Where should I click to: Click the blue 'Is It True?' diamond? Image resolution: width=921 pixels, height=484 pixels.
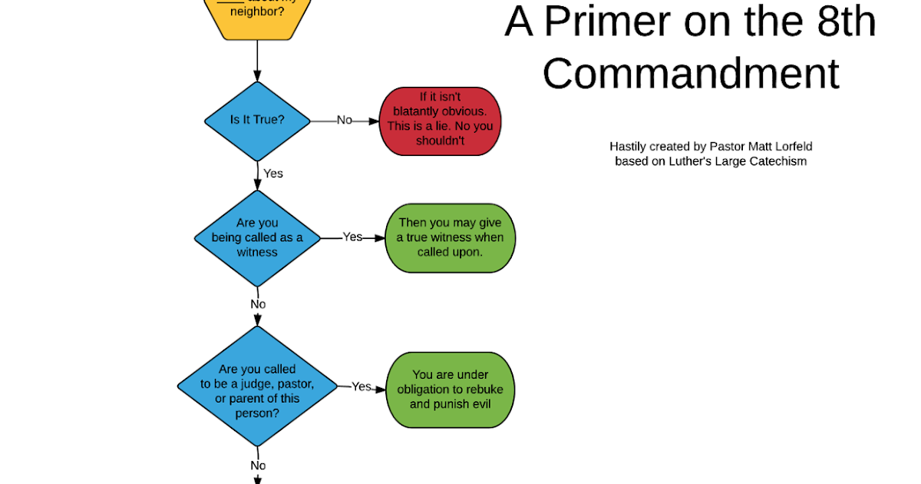257,121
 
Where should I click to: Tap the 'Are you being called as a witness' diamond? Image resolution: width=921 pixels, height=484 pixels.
257,237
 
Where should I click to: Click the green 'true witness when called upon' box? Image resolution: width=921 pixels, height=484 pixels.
451,237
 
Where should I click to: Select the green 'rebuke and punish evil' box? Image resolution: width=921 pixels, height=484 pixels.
450,390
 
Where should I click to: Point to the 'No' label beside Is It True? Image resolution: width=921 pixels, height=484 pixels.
345,121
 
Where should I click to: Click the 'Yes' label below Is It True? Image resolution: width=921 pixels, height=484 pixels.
273,174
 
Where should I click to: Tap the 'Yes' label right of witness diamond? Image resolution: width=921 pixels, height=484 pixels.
352,237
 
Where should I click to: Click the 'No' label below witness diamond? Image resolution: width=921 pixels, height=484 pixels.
258,304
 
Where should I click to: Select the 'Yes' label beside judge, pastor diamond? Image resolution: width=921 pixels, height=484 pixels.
361,387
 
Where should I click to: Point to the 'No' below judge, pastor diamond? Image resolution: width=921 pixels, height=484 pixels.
258,466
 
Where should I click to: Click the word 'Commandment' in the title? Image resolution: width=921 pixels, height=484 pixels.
690,74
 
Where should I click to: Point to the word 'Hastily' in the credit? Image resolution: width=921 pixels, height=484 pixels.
628,147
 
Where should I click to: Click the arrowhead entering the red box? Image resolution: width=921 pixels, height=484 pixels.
375,121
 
